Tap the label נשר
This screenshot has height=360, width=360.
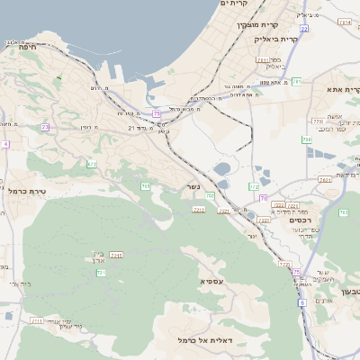pos(193,186)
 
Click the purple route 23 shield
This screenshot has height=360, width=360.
pos(45,127)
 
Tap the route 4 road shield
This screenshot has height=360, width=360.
pos(4,143)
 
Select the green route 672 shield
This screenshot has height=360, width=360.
pos(92,164)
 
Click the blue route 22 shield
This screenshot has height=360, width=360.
pos(304,29)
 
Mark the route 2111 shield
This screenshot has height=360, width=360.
pos(37,319)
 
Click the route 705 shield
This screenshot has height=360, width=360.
pos(145,185)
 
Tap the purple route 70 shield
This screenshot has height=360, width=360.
pos(263,197)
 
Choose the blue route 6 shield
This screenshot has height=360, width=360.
pos(302,302)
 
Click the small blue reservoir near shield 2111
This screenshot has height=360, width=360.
pos(9,316)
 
